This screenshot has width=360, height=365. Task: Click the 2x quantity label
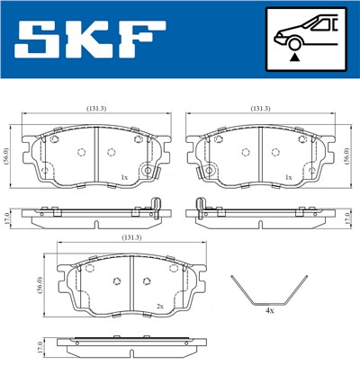pyautogui.click(x=159, y=307)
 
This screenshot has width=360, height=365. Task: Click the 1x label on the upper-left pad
pyautogui.click(x=123, y=178)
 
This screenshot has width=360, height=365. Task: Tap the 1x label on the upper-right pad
pyautogui.click(x=288, y=178)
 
